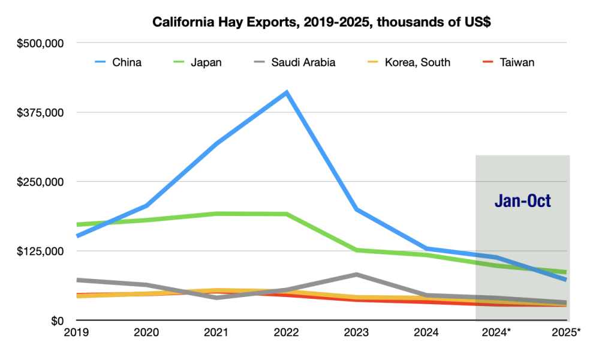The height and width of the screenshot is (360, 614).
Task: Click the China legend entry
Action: (x=127, y=62)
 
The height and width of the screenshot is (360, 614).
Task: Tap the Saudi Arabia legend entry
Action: (x=303, y=62)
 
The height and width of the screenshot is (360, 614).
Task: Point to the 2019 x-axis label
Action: (x=77, y=331)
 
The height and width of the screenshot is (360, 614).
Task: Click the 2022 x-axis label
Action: (x=287, y=331)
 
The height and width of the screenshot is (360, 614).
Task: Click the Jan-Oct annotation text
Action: (x=522, y=201)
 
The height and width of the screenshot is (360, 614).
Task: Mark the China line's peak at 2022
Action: (x=287, y=92)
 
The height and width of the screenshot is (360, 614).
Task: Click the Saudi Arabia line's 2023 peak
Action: (x=357, y=275)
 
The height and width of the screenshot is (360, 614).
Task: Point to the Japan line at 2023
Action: (x=357, y=250)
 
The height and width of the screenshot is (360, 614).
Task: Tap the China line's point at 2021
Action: (x=216, y=143)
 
